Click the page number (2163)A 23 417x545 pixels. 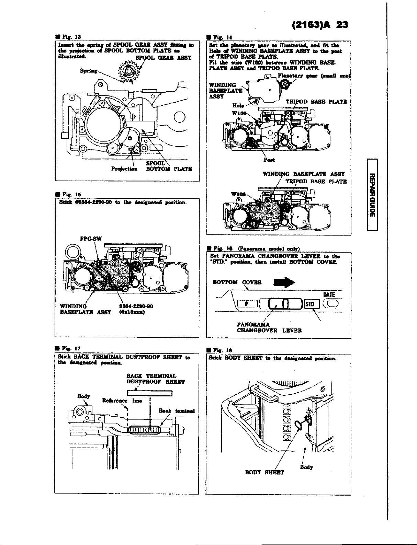pyautogui.click(x=319, y=25)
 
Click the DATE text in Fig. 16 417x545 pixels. pyautogui.click(x=329, y=294)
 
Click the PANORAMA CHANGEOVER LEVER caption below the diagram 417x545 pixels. pyautogui.click(x=269, y=327)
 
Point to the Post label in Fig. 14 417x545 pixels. pyautogui.click(x=269, y=160)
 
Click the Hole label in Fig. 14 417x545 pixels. pyautogui.click(x=239, y=105)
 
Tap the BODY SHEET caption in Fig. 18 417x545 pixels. pyautogui.click(x=264, y=472)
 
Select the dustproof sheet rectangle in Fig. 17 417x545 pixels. pyautogui.click(x=149, y=393)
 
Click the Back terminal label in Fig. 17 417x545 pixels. pyautogui.click(x=177, y=411)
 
